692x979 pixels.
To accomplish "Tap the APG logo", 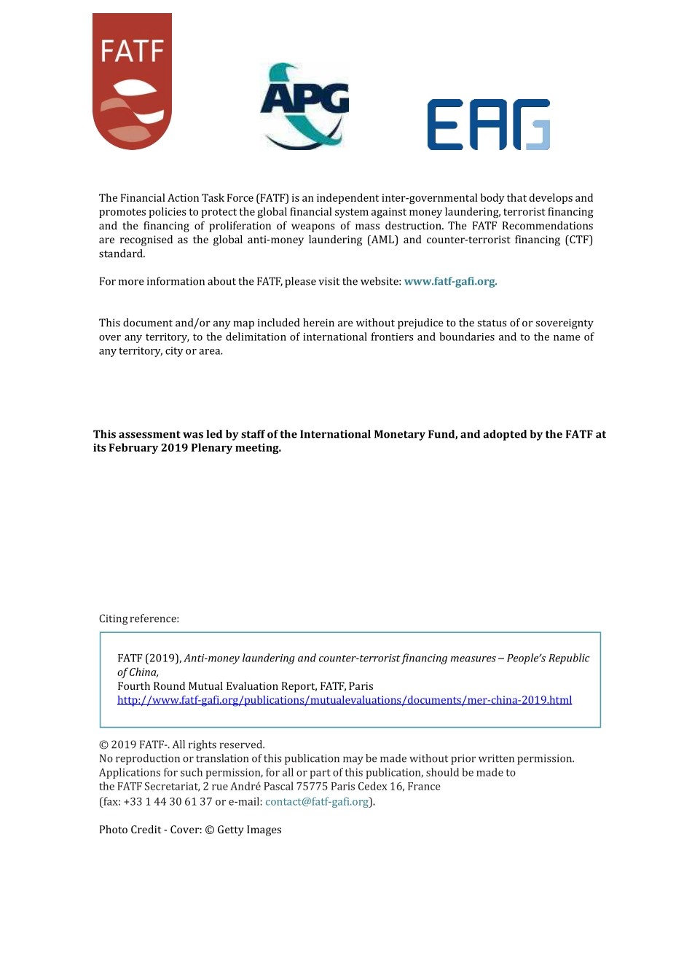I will coord(304,106).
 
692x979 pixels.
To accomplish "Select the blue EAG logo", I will coord(488,125).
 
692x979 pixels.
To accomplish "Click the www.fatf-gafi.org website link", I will coord(450,281).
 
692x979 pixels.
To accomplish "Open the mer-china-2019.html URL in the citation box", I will coord(345,700).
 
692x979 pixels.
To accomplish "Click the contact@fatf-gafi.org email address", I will coord(317,801).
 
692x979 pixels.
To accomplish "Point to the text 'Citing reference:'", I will coord(139,618).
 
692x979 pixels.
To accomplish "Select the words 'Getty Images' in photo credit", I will coord(249,830).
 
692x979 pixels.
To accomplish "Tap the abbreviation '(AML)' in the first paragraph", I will coord(382,240).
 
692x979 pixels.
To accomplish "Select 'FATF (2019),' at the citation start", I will coord(149,658).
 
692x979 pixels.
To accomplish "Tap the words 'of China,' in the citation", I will coord(138,672).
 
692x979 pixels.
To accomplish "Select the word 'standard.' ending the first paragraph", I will coord(122,253).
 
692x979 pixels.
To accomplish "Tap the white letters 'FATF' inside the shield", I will coord(132,52).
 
